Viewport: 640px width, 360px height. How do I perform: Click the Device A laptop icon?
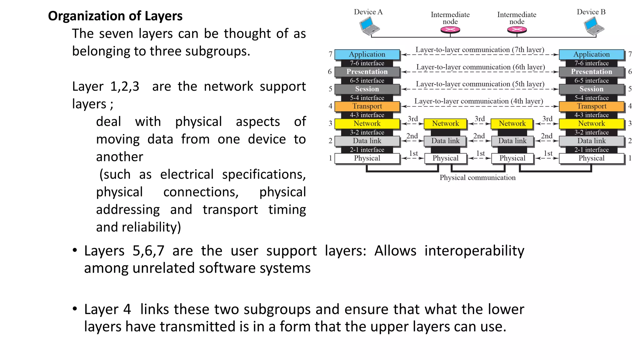click(x=369, y=26)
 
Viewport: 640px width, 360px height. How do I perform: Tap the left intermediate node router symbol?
click(x=450, y=30)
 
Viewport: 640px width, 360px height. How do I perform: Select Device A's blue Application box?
click(x=367, y=54)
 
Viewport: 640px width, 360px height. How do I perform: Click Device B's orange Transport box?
click(x=591, y=106)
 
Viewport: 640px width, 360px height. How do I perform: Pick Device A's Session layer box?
click(x=367, y=89)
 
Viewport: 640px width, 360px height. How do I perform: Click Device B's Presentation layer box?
click(x=591, y=72)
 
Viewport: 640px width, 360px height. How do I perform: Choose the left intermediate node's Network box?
click(x=445, y=124)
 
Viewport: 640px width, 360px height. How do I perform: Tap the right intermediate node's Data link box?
click(x=512, y=141)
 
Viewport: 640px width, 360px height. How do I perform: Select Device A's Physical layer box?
click(x=367, y=158)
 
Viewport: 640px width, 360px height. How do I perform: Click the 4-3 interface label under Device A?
click(x=367, y=115)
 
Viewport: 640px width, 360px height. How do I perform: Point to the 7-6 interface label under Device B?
click(x=591, y=63)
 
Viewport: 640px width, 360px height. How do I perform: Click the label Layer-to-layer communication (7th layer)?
click(x=480, y=50)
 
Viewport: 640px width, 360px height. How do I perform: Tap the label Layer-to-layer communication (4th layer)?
click(x=478, y=101)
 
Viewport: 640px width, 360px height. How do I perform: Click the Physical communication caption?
click(x=477, y=178)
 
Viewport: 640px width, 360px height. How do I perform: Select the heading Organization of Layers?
click(x=115, y=16)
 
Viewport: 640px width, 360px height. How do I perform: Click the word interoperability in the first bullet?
click(x=474, y=251)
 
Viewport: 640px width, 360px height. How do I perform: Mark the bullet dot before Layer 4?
click(x=75, y=309)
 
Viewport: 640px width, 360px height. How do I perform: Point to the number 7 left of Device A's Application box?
click(x=330, y=54)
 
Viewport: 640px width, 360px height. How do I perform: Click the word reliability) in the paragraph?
click(x=151, y=227)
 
